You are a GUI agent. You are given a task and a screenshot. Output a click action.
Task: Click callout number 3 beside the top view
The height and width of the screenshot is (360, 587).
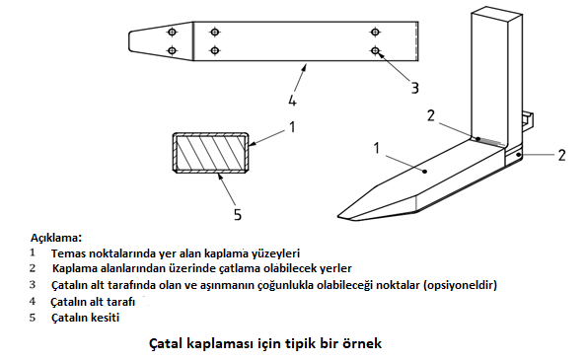[414, 88]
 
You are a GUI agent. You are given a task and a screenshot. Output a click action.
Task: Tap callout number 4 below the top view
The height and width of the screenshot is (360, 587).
[292, 101]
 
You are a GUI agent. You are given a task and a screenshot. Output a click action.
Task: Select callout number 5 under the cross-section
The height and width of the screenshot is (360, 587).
[238, 215]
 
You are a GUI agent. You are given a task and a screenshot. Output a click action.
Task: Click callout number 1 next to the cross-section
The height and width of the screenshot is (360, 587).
[292, 127]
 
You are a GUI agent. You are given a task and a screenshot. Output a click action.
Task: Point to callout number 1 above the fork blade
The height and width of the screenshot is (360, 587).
[377, 148]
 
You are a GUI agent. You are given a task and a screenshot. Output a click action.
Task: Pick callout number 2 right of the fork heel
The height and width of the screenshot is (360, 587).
[561, 155]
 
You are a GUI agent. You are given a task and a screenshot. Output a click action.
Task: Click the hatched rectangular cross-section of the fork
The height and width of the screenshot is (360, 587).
[210, 152]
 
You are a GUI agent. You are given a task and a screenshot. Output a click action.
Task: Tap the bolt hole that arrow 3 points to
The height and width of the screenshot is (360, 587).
[375, 50]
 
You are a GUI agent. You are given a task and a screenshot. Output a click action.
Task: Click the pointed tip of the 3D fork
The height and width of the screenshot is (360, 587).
[338, 216]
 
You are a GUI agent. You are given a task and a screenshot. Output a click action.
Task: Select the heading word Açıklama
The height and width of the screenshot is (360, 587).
[56, 238]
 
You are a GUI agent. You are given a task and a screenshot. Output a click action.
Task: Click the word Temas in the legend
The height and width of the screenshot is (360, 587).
[64, 253]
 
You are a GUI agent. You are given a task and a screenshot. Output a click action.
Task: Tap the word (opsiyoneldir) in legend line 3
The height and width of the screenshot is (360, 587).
[460, 285]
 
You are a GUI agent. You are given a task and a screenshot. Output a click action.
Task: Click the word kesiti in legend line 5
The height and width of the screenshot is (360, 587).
[107, 318]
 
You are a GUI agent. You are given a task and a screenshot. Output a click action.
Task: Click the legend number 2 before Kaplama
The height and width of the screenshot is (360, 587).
[33, 268]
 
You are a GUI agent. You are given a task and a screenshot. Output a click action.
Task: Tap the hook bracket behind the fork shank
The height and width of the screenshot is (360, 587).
[527, 118]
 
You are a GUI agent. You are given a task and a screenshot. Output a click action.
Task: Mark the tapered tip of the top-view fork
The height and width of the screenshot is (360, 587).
[130, 40]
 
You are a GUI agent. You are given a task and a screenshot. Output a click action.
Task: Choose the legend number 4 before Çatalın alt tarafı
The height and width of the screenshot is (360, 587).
[33, 301]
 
